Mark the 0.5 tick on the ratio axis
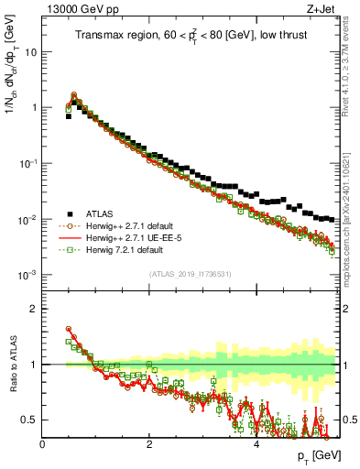[27, 420]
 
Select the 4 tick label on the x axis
[256, 443]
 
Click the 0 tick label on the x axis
[42, 443]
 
